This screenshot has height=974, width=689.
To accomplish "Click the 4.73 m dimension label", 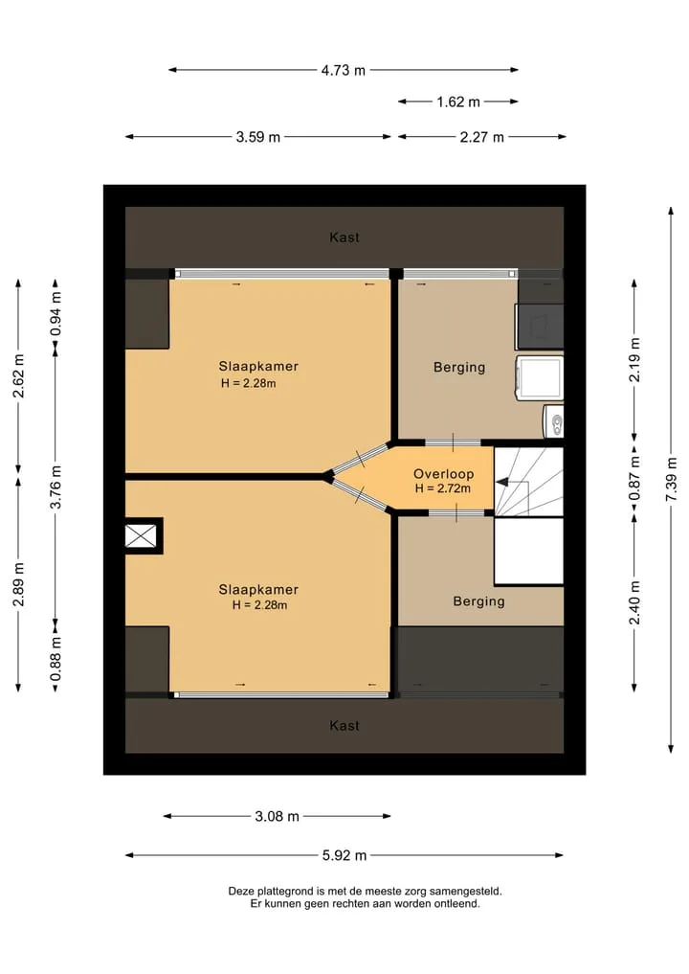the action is pyautogui.click(x=344, y=70).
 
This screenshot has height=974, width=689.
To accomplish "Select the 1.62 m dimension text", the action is pyautogui.click(x=458, y=102).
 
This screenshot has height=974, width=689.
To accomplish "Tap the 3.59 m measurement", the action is pyautogui.click(x=257, y=137).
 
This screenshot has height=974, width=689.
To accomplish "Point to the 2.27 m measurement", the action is pyautogui.click(x=481, y=137).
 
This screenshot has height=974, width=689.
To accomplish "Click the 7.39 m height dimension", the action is pyautogui.click(x=671, y=480).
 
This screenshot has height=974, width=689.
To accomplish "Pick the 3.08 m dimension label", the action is pyautogui.click(x=277, y=816).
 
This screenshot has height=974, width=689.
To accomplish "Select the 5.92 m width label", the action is pyautogui.click(x=344, y=855).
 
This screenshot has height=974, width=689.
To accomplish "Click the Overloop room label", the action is pyautogui.click(x=444, y=474).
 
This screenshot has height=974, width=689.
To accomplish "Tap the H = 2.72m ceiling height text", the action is pyautogui.click(x=442, y=488).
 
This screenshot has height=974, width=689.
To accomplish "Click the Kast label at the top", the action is pyautogui.click(x=344, y=238).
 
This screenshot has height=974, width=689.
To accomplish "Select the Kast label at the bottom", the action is pyautogui.click(x=344, y=726).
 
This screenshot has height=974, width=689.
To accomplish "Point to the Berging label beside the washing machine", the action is pyautogui.click(x=459, y=367).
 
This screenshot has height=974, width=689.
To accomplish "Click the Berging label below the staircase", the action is pyautogui.click(x=478, y=601).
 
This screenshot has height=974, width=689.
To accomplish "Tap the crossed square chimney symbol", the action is pyautogui.click(x=141, y=535).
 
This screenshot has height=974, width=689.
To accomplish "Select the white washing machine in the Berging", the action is pyautogui.click(x=540, y=377).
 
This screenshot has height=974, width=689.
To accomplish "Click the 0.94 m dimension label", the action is pyautogui.click(x=56, y=314).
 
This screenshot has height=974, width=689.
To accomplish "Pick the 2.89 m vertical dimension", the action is pyautogui.click(x=18, y=584).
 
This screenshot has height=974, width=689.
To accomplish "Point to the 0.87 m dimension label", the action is pyautogui.click(x=633, y=478).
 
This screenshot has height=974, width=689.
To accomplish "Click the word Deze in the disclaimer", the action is pyautogui.click(x=241, y=892).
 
